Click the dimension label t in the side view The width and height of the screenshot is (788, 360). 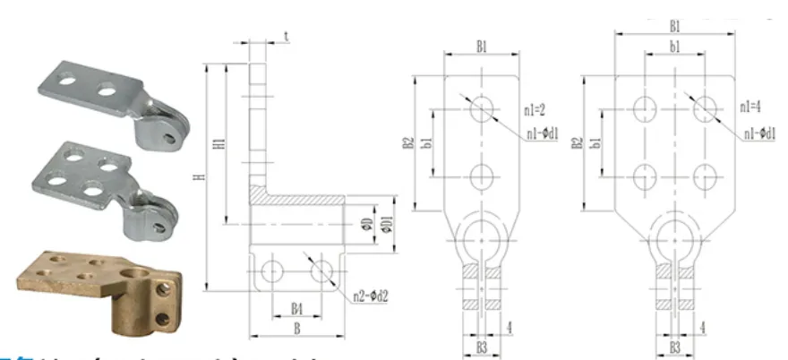(x=286, y=37)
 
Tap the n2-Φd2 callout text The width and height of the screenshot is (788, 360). (x=371, y=291)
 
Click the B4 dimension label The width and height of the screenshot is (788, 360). (x=296, y=309)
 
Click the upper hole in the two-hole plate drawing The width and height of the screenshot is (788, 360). (x=482, y=108)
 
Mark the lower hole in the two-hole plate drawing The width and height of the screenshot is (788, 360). (x=482, y=174)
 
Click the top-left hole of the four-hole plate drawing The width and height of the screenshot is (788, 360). (x=644, y=108)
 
